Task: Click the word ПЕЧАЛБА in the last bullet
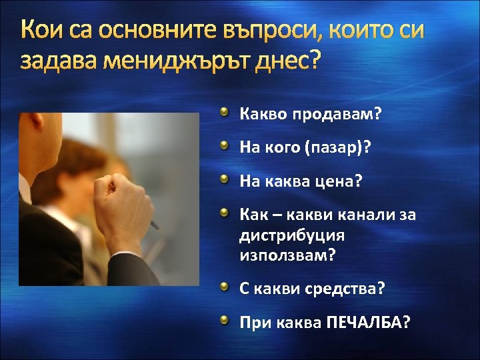pos(365,323)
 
